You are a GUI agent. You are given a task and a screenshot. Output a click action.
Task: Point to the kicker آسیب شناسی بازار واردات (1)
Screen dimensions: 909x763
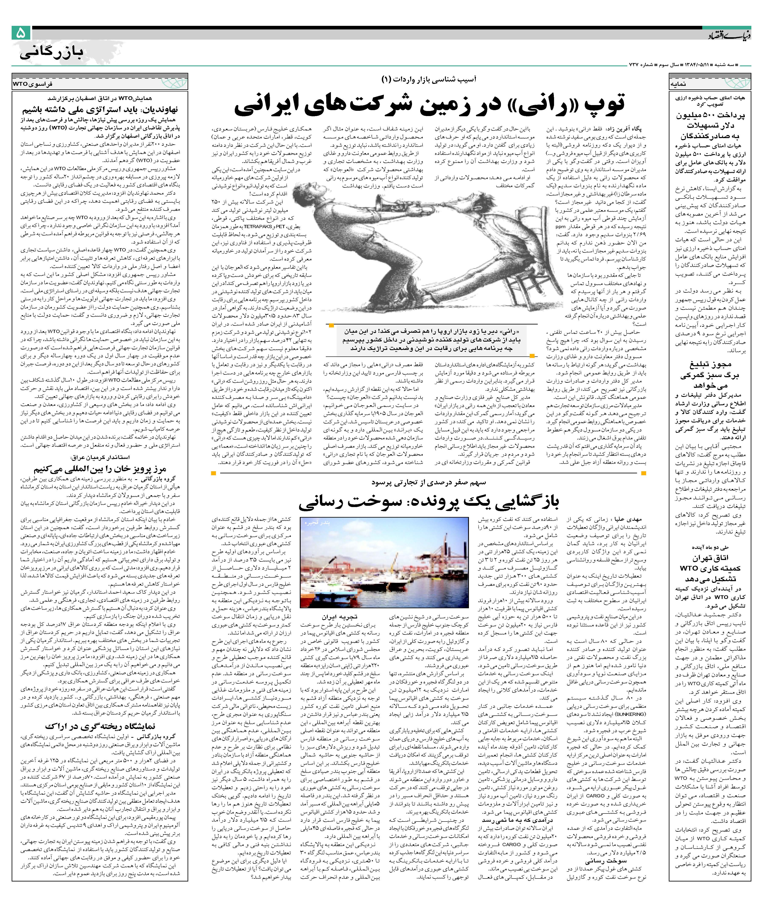428,79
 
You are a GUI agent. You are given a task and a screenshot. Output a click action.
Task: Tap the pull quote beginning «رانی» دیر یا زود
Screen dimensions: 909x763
428,340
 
